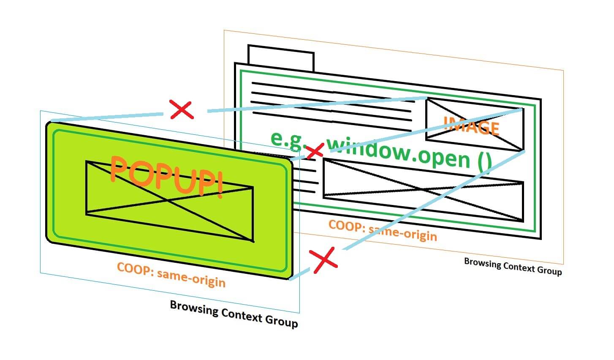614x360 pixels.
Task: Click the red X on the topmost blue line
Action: pyautogui.click(x=182, y=110)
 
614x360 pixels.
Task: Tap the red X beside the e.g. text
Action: pyautogui.click(x=315, y=151)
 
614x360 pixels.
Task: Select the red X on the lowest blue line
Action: pyautogui.click(x=323, y=259)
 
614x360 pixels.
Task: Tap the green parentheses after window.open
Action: pyautogui.click(x=485, y=163)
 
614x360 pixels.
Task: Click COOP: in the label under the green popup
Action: pyautogui.click(x=135, y=269)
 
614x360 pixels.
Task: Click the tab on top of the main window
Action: pyautogui.click(x=281, y=57)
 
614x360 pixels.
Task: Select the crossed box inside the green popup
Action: pyautogui.click(x=169, y=201)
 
